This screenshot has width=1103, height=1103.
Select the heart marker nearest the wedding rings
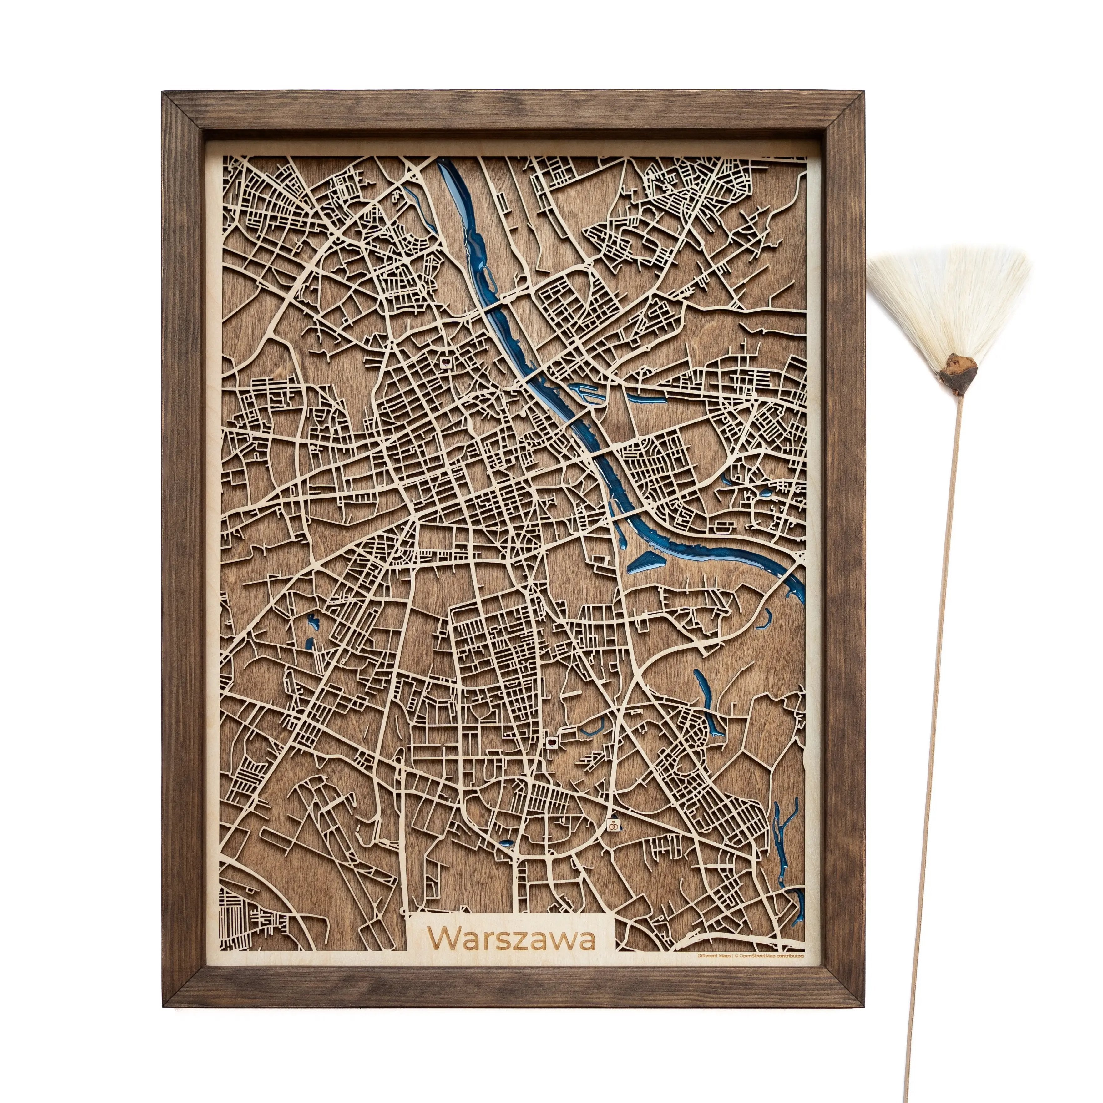coord(552,742)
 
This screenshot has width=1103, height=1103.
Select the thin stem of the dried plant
coord(936,685)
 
